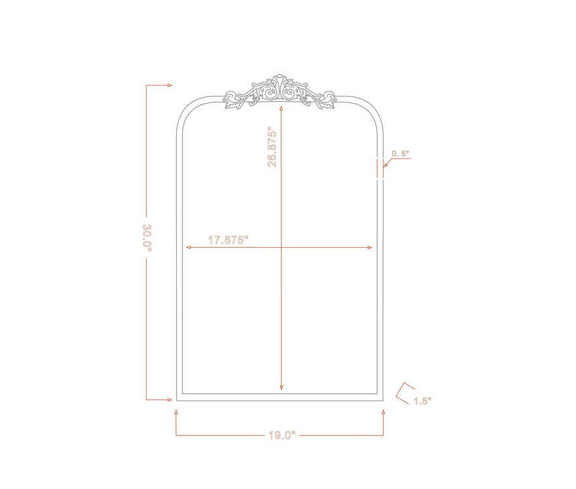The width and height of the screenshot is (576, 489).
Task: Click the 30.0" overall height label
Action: click(x=147, y=238)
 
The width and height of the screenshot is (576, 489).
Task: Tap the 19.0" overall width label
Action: click(x=282, y=435)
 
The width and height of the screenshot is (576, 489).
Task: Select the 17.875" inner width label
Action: click(x=228, y=240)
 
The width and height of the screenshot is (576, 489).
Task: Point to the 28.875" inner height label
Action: click(x=272, y=147)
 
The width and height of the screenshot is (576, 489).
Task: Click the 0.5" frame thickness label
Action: click(x=401, y=153)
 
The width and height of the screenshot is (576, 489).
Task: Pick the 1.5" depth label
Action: click(x=423, y=401)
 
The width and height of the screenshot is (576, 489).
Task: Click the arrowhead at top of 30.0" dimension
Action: click(x=169, y=85)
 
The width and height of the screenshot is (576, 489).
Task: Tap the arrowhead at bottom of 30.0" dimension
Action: click(x=169, y=400)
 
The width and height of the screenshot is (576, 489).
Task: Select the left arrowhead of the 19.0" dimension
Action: click(x=176, y=413)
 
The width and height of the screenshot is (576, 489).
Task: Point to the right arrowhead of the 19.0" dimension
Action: click(x=383, y=413)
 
